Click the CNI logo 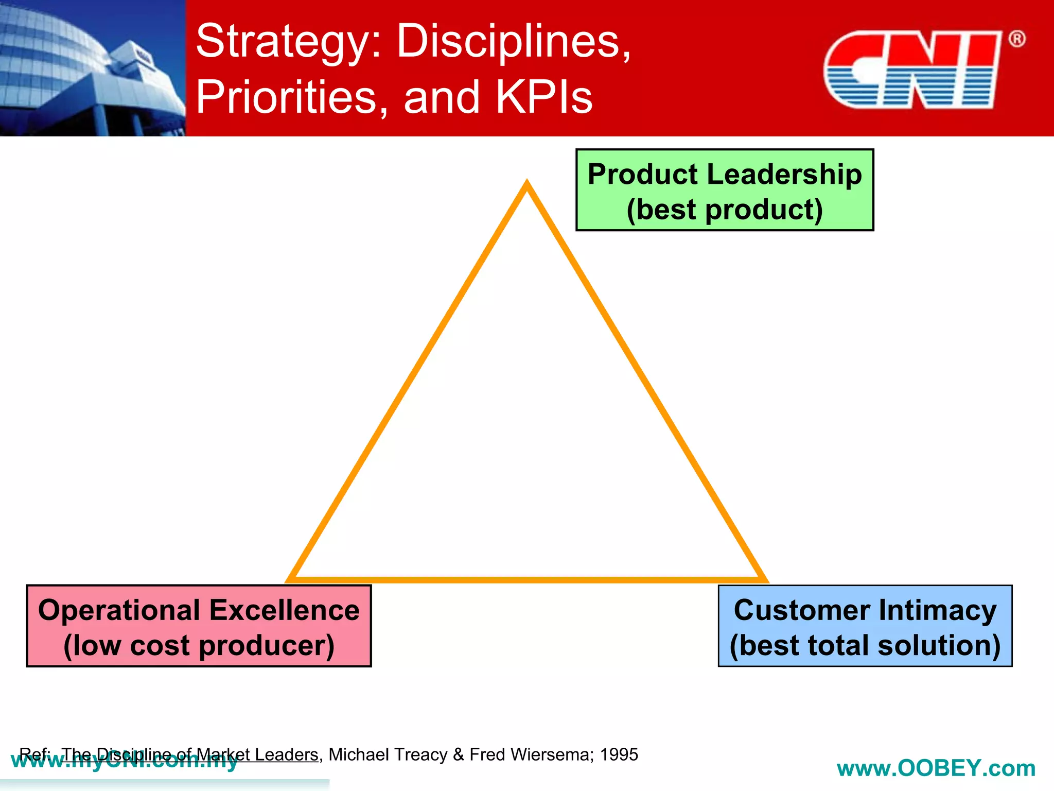point(911,70)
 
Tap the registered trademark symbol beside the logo point(1016,39)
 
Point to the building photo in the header point(93,68)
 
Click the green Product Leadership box point(724,190)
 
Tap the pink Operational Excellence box point(199,626)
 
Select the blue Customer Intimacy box point(865,626)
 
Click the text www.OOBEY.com point(936,768)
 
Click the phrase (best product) point(724,210)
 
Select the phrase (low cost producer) point(199,645)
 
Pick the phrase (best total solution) point(865,645)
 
